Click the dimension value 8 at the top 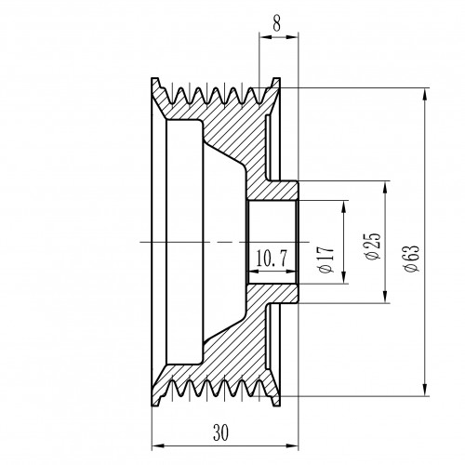[277, 22]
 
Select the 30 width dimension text [221, 432]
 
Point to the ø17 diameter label [326, 259]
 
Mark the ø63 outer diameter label [411, 259]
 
